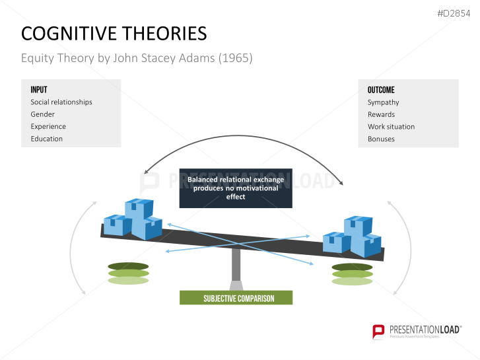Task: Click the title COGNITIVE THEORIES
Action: (114, 34)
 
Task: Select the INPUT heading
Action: (39, 90)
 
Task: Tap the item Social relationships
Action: (61, 102)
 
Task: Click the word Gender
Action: (42, 114)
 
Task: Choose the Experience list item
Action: (48, 126)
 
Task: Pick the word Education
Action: (46, 139)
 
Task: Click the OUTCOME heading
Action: (381, 90)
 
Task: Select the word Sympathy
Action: (383, 102)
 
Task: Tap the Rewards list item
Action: (381, 114)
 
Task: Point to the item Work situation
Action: (391, 126)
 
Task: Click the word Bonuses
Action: (381, 139)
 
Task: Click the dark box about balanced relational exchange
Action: (235, 188)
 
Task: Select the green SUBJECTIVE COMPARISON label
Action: (236, 298)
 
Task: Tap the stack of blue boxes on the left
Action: (134, 219)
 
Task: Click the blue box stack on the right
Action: (352, 236)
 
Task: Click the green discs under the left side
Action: (128, 273)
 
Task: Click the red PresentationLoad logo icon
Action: (379, 331)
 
